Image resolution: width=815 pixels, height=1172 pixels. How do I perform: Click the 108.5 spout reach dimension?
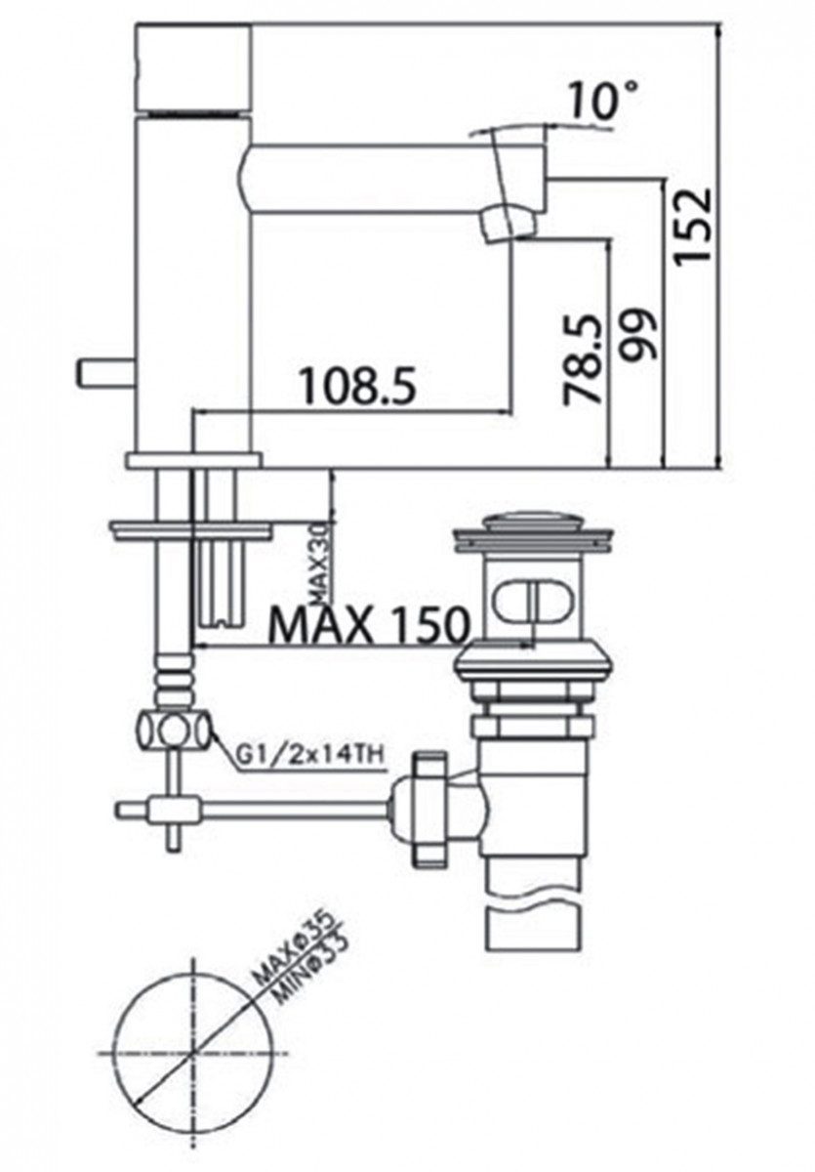[x=357, y=386]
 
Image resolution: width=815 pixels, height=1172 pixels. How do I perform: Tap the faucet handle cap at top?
[x=192, y=66]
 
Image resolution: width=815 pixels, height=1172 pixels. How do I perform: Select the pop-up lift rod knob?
[x=97, y=372]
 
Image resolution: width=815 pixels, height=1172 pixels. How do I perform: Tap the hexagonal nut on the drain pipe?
[x=532, y=727]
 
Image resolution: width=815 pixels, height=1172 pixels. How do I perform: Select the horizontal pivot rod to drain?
[x=293, y=809]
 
